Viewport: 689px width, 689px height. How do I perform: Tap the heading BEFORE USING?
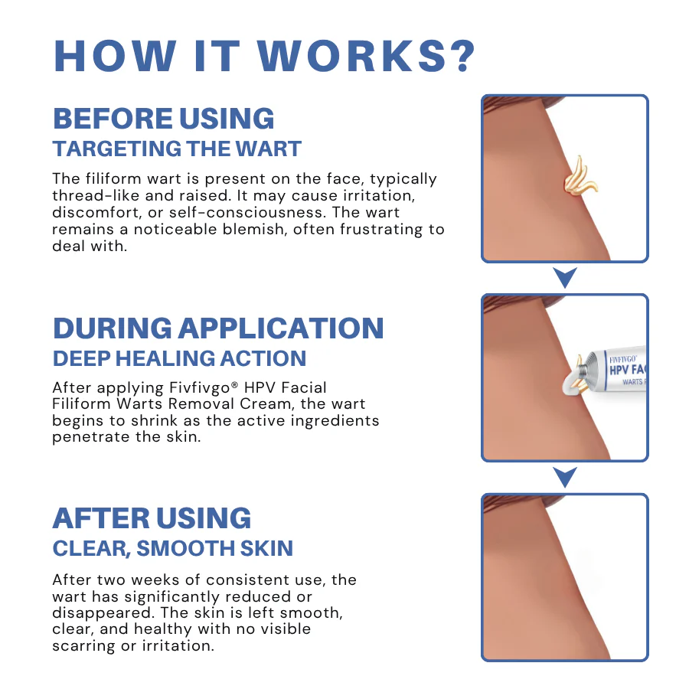pos(163,119)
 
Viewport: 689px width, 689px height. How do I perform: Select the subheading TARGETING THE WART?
pos(177,149)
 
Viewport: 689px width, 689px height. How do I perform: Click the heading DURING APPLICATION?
pos(218,328)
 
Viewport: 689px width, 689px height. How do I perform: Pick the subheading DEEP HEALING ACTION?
pos(179,358)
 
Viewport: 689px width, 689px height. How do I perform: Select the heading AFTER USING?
pos(152,518)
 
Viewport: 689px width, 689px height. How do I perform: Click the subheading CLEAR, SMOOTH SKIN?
pos(173,548)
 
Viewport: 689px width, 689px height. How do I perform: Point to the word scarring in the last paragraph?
pos(83,645)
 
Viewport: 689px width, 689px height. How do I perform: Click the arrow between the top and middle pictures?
pos(565,278)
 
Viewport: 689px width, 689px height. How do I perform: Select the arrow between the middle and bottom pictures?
pos(565,478)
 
